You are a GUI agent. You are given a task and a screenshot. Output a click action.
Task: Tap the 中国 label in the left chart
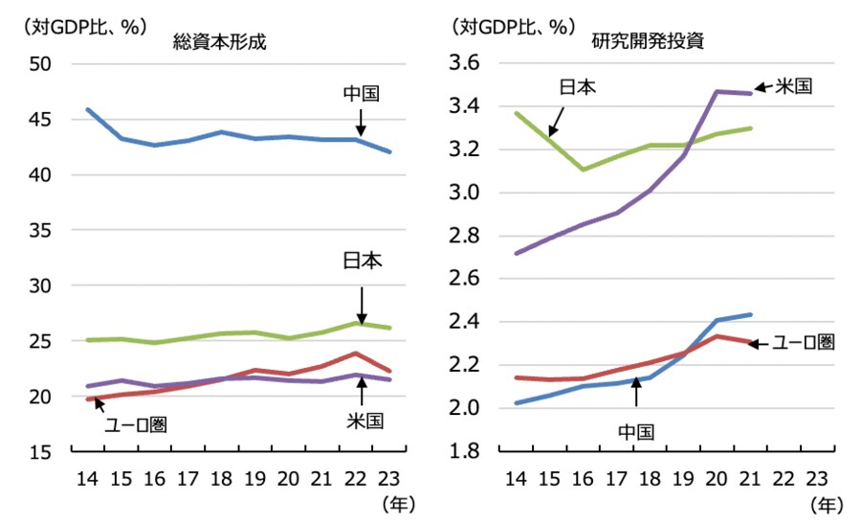pos(362,95)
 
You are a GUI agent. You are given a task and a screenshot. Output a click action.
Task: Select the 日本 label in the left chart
pos(362,262)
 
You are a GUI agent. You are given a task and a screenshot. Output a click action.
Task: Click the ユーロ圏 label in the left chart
pos(135,424)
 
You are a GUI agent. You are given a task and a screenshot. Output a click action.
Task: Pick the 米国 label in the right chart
pos(793,86)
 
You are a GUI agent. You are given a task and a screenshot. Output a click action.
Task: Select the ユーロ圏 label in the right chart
pos(804,342)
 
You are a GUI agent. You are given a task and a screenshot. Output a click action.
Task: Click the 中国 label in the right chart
pos(635,432)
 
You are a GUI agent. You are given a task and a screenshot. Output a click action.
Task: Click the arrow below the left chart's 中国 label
pos(362,122)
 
